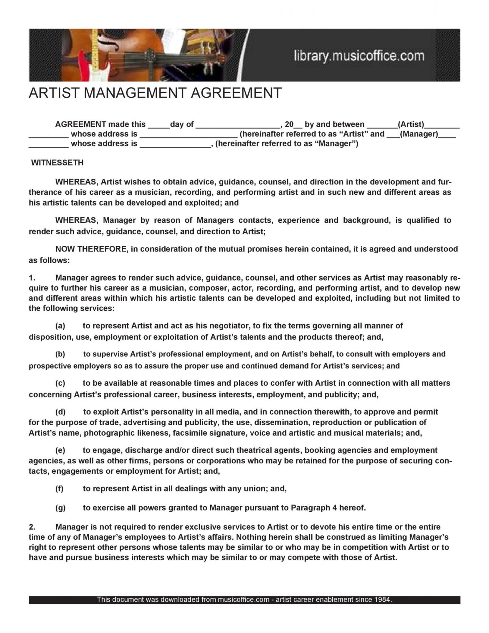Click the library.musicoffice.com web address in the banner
click(359, 56)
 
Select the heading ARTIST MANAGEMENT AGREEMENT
click(155, 93)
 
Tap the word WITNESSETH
click(57, 163)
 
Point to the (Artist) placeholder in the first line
click(411, 125)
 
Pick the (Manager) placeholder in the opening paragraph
click(419, 134)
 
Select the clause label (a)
click(60, 326)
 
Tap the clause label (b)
click(60, 354)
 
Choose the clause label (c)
click(60, 383)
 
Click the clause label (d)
click(60, 412)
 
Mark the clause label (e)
click(60, 450)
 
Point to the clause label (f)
click(60, 489)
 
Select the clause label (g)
click(60, 508)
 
